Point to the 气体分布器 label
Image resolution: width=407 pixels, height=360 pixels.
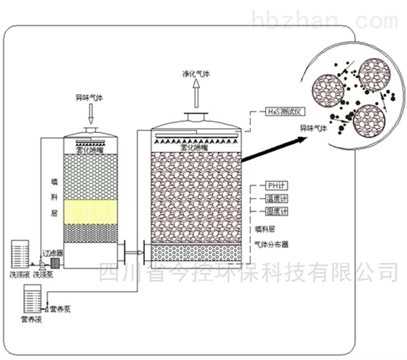click(271, 244)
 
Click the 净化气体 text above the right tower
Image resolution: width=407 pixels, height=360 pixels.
click(196, 73)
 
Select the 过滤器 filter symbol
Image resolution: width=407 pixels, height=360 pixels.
click(55, 262)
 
